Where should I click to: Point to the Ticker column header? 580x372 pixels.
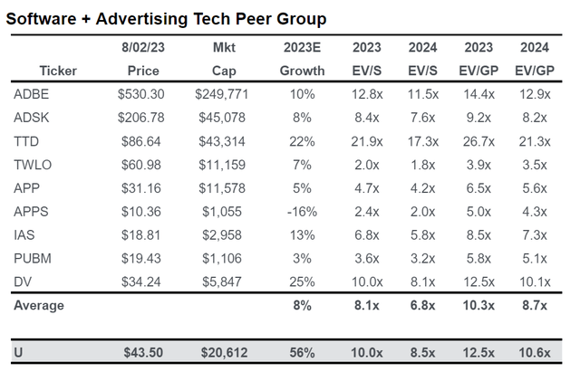[x=58, y=71]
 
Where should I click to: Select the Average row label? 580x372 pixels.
[x=38, y=305]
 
